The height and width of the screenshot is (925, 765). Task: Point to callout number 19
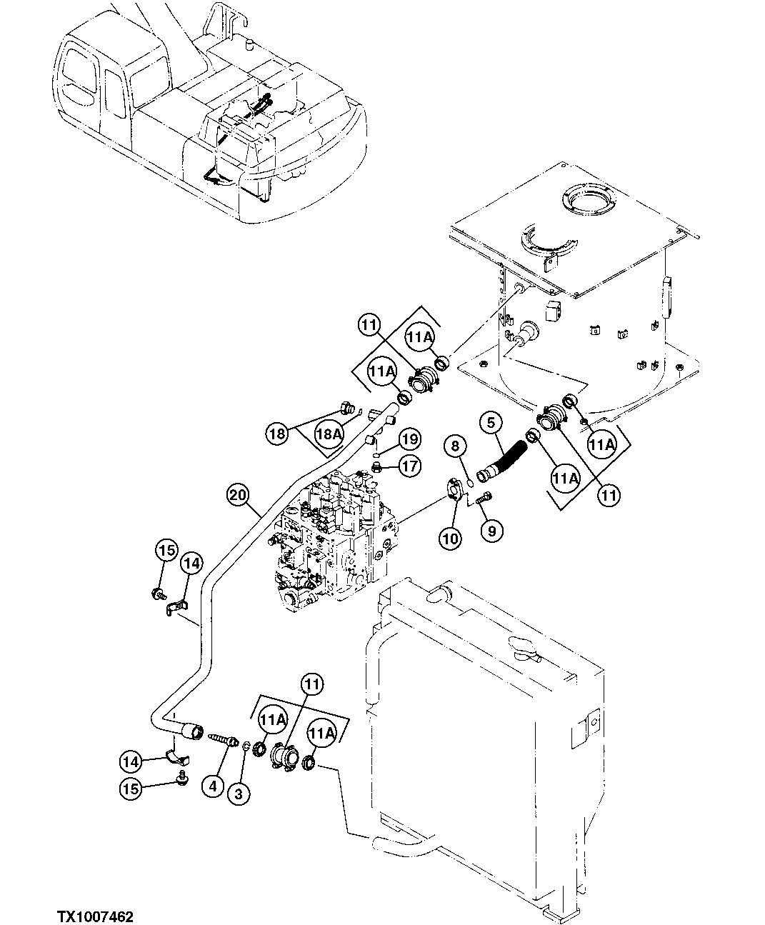point(409,438)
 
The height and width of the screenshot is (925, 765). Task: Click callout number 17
point(409,468)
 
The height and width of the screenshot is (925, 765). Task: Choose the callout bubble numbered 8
point(456,447)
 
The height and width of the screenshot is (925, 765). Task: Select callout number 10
point(450,539)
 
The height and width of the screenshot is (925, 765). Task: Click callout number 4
point(212,786)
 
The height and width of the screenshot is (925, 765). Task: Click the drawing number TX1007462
point(96,910)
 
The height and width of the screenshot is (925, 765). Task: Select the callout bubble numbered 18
point(279,432)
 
